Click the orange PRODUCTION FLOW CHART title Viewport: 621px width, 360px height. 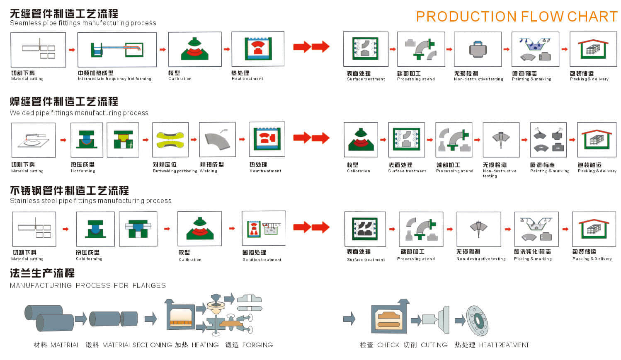517,17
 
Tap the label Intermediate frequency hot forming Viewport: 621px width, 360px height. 114,79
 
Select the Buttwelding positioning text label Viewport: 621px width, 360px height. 175,171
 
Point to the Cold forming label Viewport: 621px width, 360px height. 89,259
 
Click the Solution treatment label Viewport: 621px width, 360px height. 262,260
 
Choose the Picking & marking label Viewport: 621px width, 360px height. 533,259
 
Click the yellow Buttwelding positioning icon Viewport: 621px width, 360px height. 170,140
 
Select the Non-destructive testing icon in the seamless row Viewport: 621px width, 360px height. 478,49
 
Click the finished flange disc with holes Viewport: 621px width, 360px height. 477,321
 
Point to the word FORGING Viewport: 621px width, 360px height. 257,345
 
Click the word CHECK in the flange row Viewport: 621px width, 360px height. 388,345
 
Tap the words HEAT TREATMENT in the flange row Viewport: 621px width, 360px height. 504,345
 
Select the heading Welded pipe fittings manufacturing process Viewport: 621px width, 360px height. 79,113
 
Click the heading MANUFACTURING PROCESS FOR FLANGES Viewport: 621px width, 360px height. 88,285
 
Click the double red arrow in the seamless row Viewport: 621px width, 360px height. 311,47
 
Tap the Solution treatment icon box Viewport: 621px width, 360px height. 264,228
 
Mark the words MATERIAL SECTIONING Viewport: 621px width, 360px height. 137,345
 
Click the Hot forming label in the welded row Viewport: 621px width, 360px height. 83,171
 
